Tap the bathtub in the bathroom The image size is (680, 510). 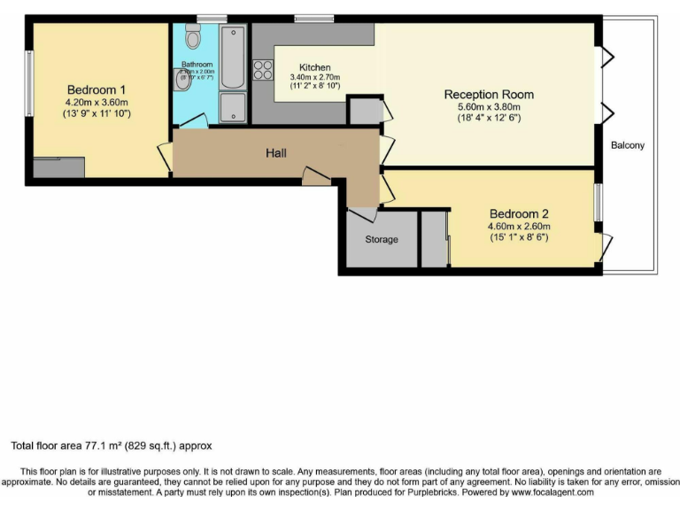pyautogui.click(x=233, y=58)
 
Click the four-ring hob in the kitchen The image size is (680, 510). pyautogui.click(x=263, y=70)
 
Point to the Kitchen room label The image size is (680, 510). pyautogui.click(x=315, y=67)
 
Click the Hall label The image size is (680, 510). pyautogui.click(x=276, y=153)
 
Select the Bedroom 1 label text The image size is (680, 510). pyautogui.click(x=97, y=89)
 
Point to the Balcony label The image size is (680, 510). pyautogui.click(x=628, y=145)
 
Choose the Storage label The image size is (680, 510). pyautogui.click(x=382, y=239)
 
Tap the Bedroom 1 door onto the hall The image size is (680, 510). pyautogui.click(x=165, y=156)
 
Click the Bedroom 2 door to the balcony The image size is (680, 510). pyautogui.click(x=606, y=245)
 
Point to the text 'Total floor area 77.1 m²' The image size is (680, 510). pyautogui.click(x=73, y=446)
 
